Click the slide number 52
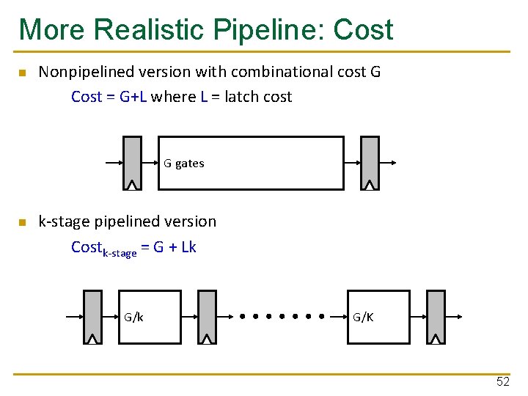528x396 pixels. point(502,381)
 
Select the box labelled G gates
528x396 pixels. point(251,163)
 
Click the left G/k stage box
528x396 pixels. point(150,317)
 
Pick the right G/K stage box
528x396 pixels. point(378,317)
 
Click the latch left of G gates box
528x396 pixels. point(132,163)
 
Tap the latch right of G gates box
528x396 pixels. point(370,163)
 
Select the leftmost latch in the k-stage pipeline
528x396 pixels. point(92,317)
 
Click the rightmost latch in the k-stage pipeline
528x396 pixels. point(436,317)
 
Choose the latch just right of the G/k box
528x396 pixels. point(208,317)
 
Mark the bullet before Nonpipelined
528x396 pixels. point(23,73)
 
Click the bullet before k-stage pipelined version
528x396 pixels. point(23,222)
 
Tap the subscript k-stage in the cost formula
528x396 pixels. point(119,253)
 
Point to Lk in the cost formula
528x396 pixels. point(188,247)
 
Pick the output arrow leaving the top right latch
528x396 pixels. point(388,163)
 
